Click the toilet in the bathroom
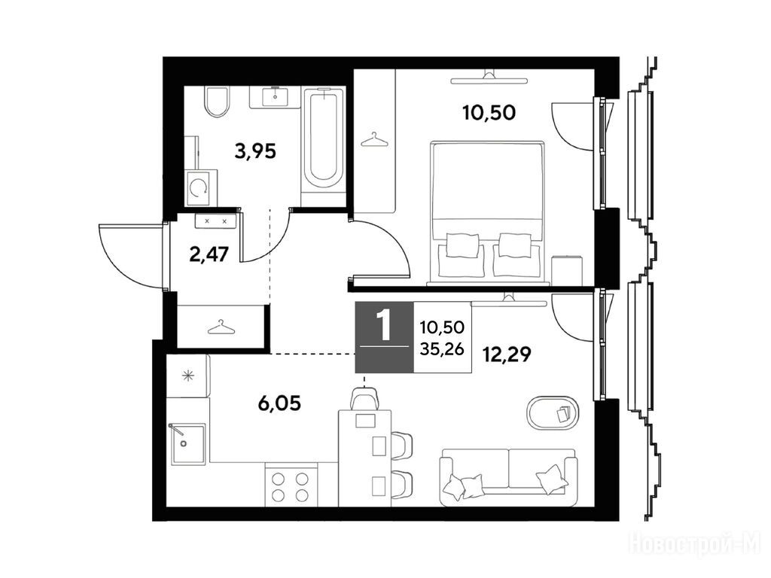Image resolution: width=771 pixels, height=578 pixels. coord(217,102)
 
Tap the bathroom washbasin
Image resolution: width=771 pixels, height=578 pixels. coord(275,97)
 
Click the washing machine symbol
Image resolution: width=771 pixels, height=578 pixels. coord(200,187)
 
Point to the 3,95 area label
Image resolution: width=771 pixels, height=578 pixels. coord(256,151)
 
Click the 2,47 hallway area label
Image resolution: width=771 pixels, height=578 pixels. coord(209,254)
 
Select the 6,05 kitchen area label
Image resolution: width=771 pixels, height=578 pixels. coord(279,404)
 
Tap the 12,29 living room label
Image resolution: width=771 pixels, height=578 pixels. coord(507,354)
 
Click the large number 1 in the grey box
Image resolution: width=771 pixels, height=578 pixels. coord(383,325)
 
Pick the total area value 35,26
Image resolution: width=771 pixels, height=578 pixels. coord(442,348)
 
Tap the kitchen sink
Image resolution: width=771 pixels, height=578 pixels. coord(187,444)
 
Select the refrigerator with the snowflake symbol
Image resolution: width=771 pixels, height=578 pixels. coord(188,376)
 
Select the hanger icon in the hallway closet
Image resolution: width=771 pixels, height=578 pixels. coord(221,327)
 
